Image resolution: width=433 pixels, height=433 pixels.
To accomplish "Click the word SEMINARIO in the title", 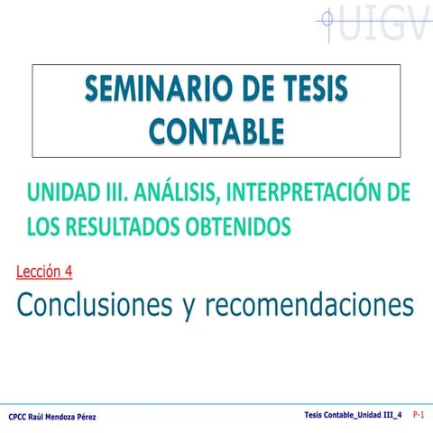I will [148, 90].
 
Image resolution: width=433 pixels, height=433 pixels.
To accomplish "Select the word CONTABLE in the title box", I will [216, 131].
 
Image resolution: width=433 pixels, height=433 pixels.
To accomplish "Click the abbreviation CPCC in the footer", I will [17, 417].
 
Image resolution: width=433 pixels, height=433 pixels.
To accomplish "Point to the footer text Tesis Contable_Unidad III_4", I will [353, 414].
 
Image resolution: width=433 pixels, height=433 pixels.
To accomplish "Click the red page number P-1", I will [419, 414].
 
